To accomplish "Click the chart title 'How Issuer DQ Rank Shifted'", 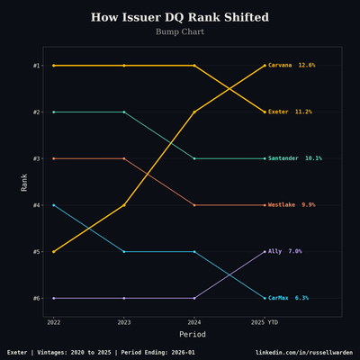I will tap(180, 17).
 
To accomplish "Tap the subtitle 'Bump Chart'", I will tap(180, 31).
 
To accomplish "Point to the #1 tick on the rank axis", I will tap(36, 66).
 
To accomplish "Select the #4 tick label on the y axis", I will tap(36, 205).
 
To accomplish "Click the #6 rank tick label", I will tap(36, 298).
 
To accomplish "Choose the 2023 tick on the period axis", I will tap(124, 321).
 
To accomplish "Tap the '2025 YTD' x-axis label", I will tap(265, 321).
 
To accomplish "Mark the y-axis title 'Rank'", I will tap(24, 182).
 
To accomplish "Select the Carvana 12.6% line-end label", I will tap(292, 66).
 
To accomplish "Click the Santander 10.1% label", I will tap(294, 158).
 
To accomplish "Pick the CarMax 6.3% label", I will tap(288, 298).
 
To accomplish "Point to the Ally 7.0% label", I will tap(284, 251).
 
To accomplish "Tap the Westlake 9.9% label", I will tap(292, 205).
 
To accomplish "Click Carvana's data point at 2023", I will tap(124, 205).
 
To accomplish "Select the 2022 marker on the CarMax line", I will tap(54, 205).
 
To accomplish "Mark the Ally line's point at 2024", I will tap(194, 298).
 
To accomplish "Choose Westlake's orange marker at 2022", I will tap(54, 158).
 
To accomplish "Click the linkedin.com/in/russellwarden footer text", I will tap(303, 352).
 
